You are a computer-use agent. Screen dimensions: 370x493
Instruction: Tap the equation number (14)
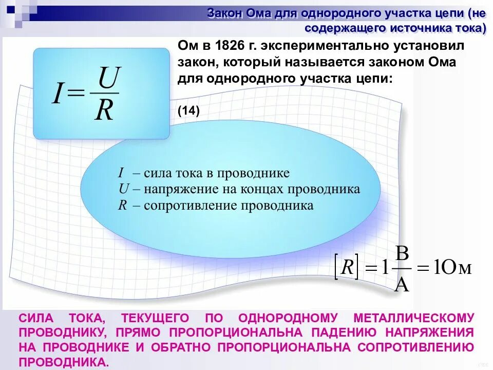pos(188,110)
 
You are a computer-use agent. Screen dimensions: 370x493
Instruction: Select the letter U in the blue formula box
pos(108,79)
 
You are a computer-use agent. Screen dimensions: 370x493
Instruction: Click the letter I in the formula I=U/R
pos(57,94)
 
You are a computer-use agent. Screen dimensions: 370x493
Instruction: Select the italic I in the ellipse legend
pos(121,173)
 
